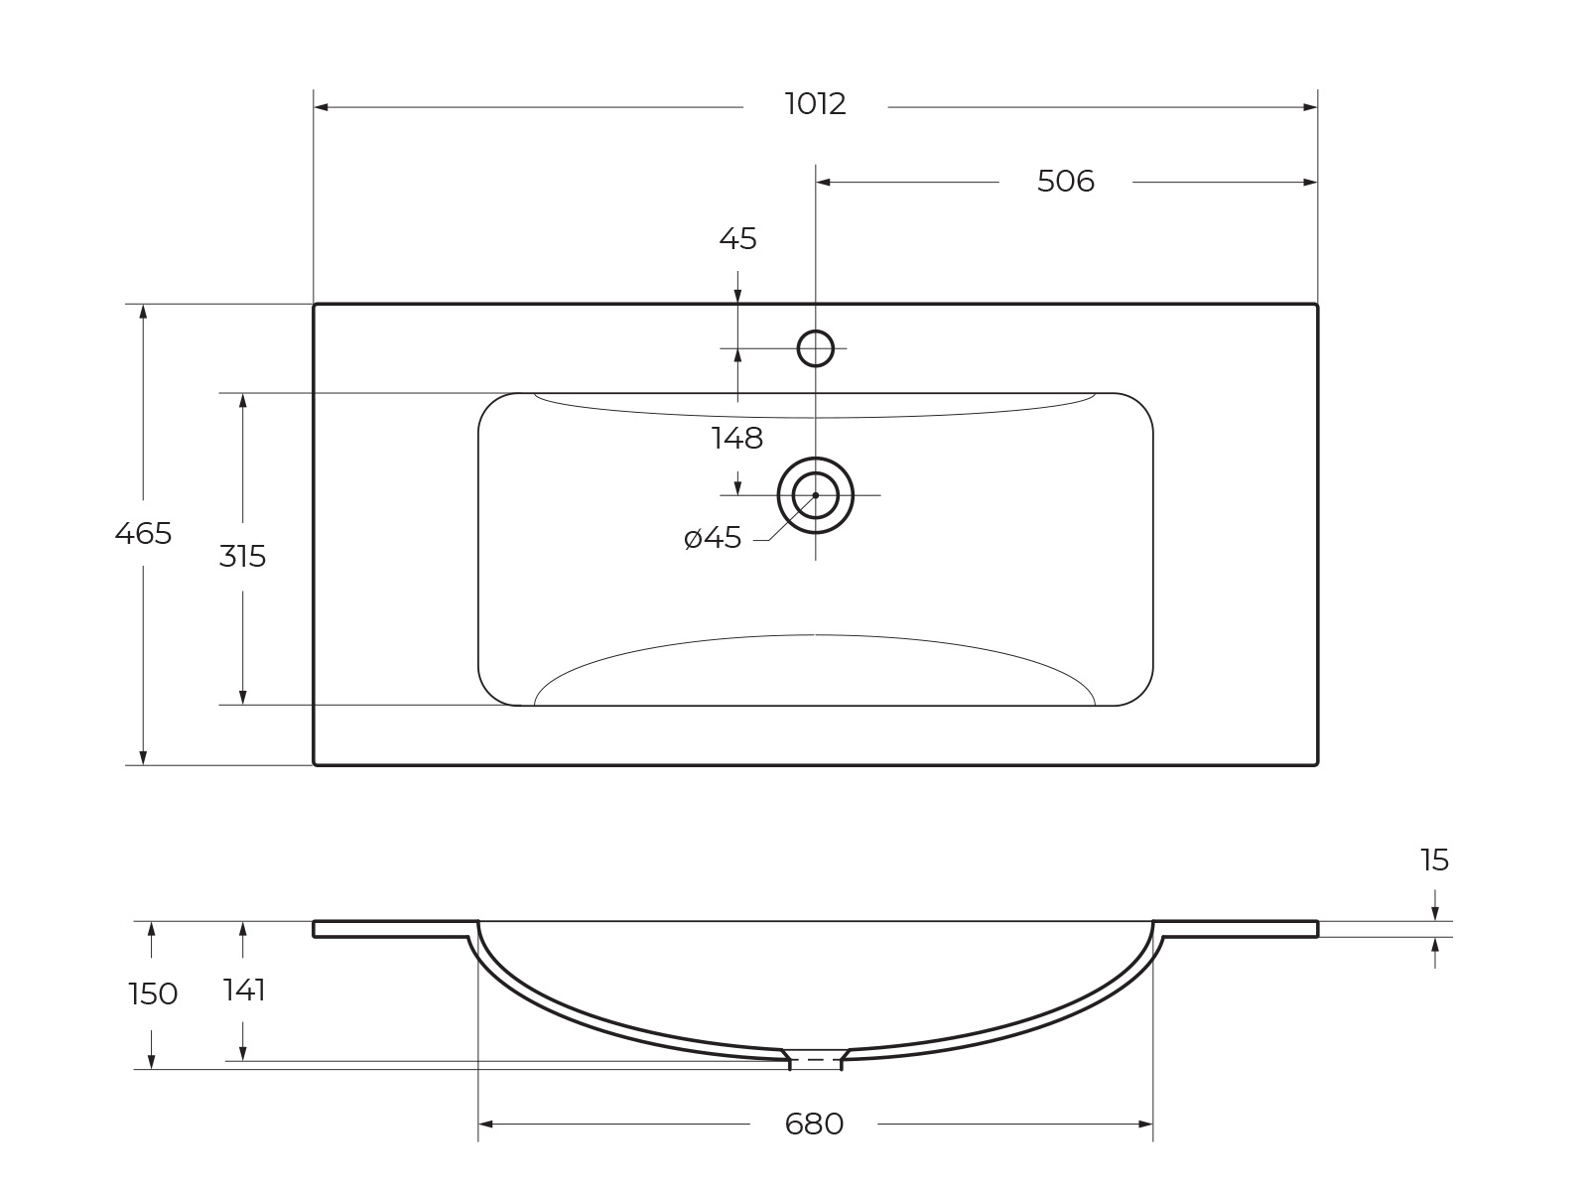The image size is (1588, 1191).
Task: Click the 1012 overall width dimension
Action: (815, 104)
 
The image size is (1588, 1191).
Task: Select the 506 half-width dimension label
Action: (1065, 182)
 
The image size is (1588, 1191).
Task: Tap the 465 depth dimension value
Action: (143, 534)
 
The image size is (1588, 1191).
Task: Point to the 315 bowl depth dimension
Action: (242, 557)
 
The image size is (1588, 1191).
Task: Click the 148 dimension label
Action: (737, 438)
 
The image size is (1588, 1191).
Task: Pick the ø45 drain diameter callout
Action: (713, 538)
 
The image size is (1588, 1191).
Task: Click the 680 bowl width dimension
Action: (814, 1125)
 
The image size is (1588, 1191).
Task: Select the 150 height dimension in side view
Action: (153, 993)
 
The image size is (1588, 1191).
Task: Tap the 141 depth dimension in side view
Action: (244, 991)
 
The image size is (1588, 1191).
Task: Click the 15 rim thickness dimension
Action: (1434, 860)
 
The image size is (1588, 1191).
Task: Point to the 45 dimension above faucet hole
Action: (737, 239)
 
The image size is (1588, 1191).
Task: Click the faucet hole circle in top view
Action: (816, 348)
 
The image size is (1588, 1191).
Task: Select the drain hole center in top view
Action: (816, 494)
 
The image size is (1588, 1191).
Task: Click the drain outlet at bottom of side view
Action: (815, 1059)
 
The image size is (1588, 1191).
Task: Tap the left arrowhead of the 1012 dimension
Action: (321, 107)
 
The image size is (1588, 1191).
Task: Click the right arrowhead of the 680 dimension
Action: (1146, 1125)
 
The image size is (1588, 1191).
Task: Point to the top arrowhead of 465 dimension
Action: (143, 311)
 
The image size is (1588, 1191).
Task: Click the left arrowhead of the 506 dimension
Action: (823, 183)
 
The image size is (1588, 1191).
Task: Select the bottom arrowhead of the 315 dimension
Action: (242, 698)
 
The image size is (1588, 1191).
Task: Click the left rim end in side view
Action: (316, 929)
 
